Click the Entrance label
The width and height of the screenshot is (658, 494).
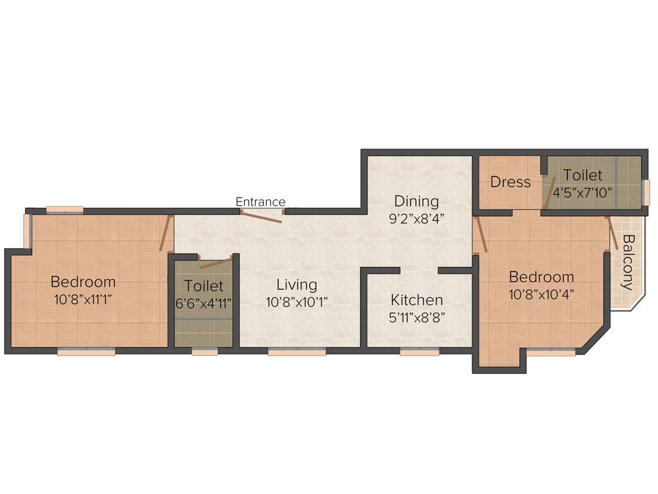coord(260,202)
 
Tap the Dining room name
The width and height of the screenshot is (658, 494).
coord(416,201)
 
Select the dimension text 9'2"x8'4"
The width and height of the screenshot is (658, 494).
coord(416,217)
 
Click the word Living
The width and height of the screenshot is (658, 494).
coord(297,284)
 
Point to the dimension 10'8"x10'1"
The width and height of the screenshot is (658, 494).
coord(297,301)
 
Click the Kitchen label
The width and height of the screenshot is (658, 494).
coord(417,300)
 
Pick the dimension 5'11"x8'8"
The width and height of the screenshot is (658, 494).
coord(417,316)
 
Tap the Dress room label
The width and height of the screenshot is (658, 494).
coord(510,182)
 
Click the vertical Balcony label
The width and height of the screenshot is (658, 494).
coord(628,262)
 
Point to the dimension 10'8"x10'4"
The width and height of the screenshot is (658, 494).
coord(541,293)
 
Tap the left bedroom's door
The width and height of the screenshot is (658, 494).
coord(166,233)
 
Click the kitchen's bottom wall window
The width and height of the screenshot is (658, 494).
coord(420,352)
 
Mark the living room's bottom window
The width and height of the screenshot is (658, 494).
coord(297,352)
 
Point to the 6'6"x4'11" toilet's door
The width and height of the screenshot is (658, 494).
coord(216,263)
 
